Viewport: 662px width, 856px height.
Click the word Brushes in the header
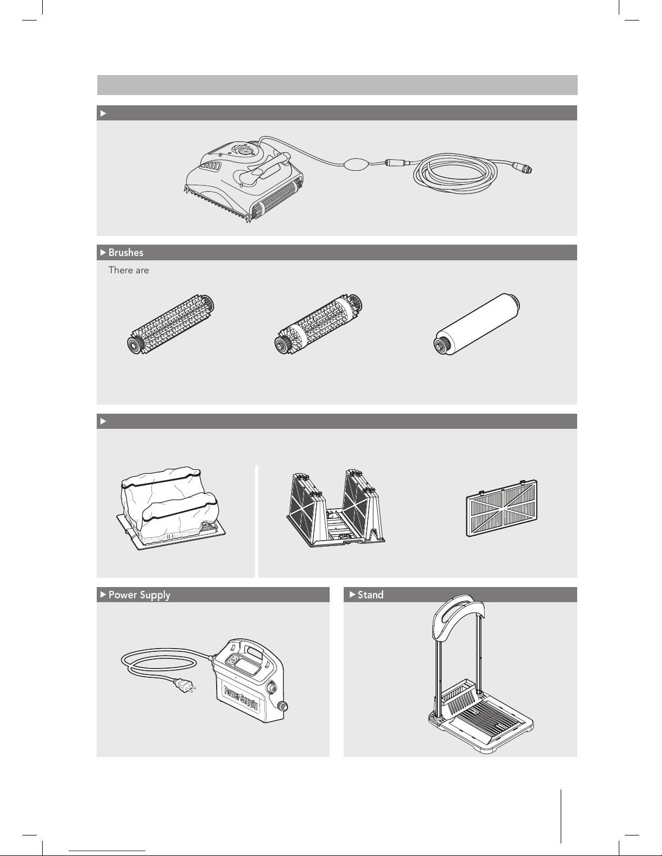click(126, 253)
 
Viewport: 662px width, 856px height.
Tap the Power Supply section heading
click(139, 595)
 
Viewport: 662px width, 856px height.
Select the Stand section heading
click(370, 595)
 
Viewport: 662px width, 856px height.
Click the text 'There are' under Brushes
click(129, 270)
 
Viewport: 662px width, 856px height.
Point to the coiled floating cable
click(455, 173)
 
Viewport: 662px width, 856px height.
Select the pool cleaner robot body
click(244, 179)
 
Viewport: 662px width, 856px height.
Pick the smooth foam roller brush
click(477, 324)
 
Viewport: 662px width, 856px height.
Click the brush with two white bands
click(318, 324)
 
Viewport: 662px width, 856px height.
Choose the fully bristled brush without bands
click(170, 324)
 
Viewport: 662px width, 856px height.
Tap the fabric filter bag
click(171, 508)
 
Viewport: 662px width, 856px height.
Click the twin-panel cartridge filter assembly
click(336, 508)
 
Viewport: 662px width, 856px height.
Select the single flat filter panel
click(501, 508)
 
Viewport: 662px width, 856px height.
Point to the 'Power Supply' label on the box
click(241, 697)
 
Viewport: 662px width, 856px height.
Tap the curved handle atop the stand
click(458, 615)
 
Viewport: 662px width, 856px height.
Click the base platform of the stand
click(481, 724)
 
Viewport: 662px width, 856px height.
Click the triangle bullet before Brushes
click(103, 253)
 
